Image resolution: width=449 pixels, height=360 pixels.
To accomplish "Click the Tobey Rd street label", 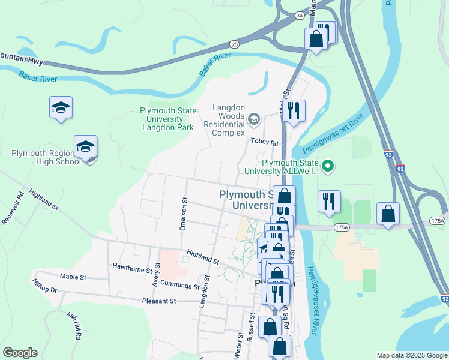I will pos(264,143).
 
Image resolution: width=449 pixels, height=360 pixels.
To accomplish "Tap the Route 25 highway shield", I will pos(234,44).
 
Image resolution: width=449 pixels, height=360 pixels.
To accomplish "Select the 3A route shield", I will pos(299,15).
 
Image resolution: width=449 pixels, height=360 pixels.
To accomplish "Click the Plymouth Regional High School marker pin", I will pos(85,148).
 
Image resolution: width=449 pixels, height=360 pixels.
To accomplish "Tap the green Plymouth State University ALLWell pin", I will pos(328,165).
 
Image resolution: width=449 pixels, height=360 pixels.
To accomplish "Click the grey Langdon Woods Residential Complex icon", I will pos(253,118).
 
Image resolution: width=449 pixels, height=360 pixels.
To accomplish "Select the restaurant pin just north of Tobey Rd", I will pos(294,111).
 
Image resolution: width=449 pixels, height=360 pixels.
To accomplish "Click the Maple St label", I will pos(73,277).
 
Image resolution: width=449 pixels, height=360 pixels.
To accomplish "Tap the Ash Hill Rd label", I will pos(74,326).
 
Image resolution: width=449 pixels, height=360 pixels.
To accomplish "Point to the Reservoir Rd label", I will pos(12,208).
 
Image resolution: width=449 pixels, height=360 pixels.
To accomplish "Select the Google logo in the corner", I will pos(20,353).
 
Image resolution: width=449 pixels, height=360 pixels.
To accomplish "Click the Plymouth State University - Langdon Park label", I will pos(166,119).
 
